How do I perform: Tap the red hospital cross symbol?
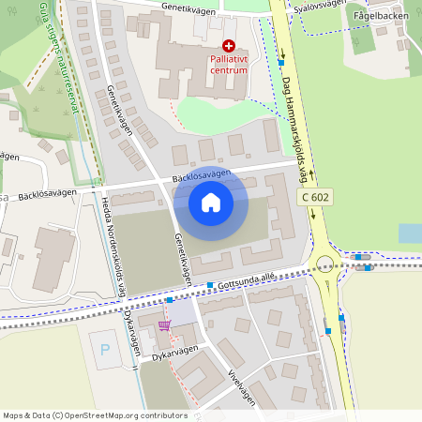click(x=228, y=45)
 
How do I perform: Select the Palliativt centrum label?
click(x=228, y=64)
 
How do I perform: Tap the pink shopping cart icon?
click(x=165, y=325)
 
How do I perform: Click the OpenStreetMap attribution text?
click(x=83, y=415)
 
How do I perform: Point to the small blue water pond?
click(x=410, y=233)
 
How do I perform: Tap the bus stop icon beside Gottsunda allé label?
click(x=211, y=284)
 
